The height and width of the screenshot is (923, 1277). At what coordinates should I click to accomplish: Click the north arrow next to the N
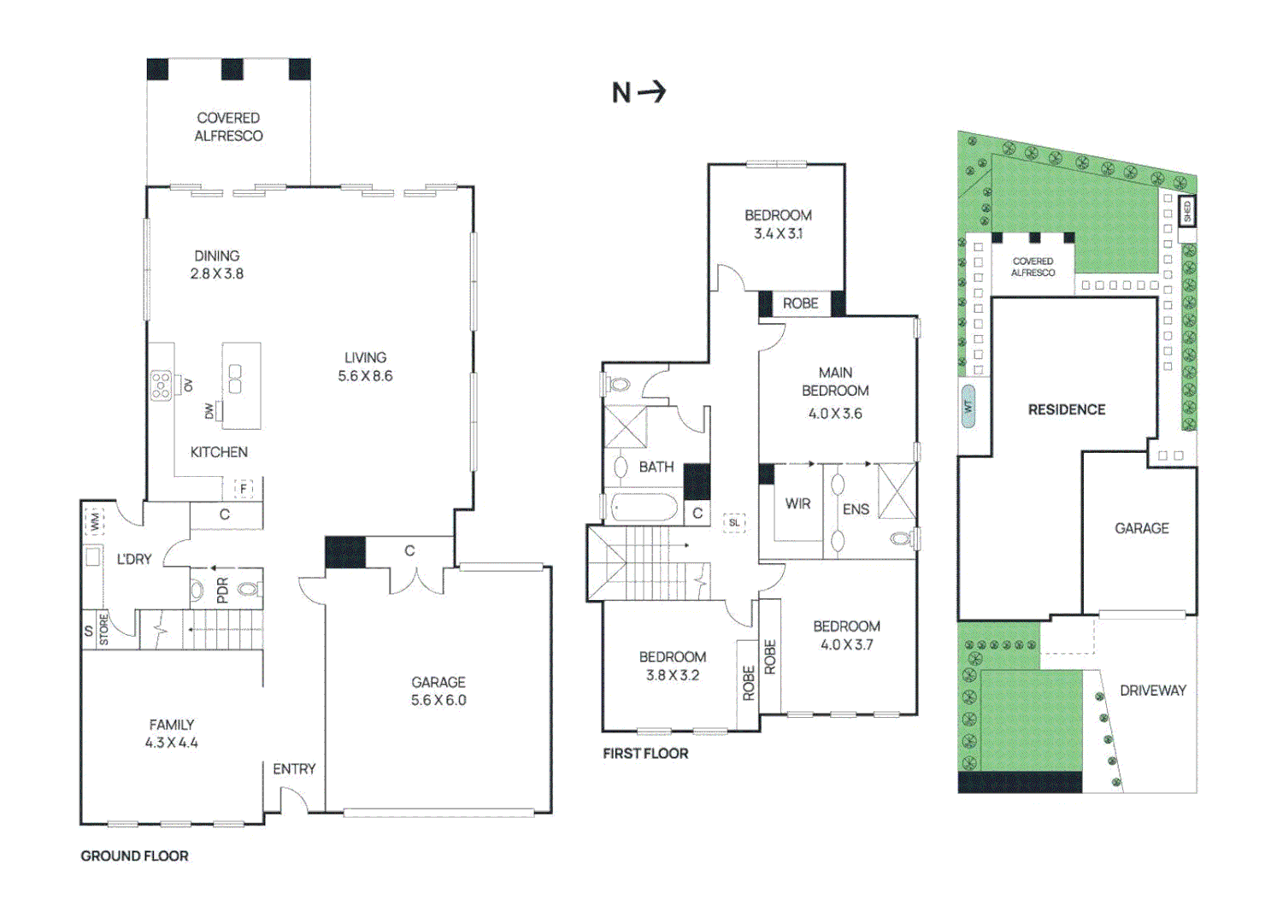(652, 91)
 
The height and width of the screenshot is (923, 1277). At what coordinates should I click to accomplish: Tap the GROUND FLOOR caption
(134, 855)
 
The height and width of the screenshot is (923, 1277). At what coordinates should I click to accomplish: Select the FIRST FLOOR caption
(645, 753)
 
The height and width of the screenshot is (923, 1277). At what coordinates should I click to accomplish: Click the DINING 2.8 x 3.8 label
(216, 265)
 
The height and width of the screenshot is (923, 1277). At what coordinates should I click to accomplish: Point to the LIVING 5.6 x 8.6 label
(365, 367)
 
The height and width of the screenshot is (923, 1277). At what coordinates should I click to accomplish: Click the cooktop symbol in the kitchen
(161, 385)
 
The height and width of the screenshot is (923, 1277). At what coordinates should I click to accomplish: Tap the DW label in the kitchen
(209, 411)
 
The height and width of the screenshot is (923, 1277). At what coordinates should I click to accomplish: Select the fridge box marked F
(244, 489)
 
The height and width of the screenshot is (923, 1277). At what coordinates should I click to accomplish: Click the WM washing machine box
(93, 521)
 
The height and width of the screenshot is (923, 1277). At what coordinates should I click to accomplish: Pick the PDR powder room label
(222, 590)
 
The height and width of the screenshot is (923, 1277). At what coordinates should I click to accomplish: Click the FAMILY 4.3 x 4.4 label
(171, 733)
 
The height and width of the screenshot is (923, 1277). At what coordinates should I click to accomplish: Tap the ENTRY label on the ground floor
(294, 769)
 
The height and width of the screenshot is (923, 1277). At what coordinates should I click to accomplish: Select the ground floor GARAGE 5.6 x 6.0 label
(438, 691)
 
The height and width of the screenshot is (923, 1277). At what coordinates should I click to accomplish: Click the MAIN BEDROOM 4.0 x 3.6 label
(835, 392)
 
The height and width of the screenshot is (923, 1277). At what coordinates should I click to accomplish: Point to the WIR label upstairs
(797, 504)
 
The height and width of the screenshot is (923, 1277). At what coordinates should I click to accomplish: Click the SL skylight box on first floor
(734, 523)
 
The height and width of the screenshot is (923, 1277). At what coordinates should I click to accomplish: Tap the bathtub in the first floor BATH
(645, 509)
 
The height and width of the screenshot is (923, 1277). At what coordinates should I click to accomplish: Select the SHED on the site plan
(1186, 209)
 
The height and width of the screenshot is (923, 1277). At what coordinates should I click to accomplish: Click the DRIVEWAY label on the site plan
(1152, 691)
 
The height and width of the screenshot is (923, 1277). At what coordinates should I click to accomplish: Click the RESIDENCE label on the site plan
(1066, 410)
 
